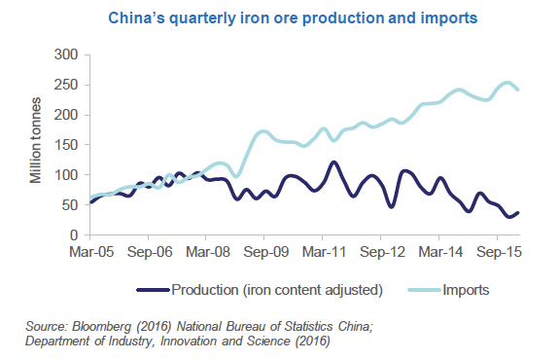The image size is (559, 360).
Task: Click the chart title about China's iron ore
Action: point(279,18)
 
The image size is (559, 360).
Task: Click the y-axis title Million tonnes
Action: point(35,144)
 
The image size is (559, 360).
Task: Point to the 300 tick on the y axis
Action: point(66,54)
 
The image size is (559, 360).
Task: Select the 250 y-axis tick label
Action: point(66,85)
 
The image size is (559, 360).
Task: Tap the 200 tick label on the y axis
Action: point(66,115)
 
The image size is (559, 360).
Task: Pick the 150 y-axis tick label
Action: point(66,145)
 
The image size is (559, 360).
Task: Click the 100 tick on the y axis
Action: point(66,175)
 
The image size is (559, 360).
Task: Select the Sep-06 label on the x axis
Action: point(148,250)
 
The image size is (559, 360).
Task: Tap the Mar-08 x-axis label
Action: point(206,250)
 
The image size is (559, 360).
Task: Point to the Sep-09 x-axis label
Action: point(264,250)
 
